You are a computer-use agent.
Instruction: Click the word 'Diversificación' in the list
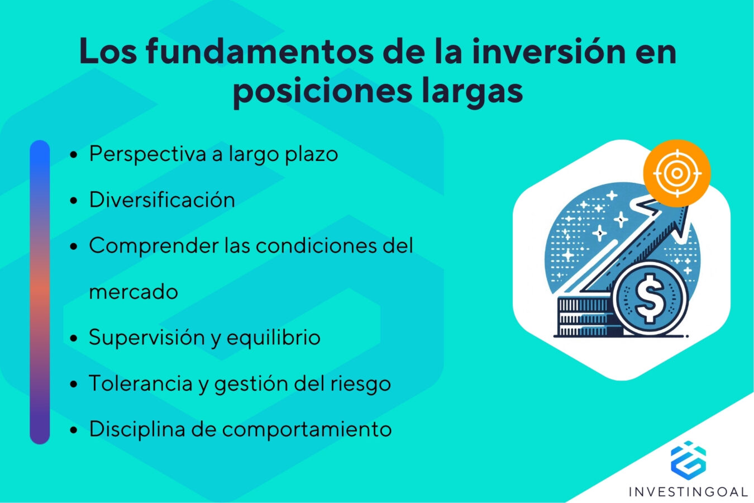[x=162, y=200]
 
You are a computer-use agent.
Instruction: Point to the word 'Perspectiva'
[x=147, y=154]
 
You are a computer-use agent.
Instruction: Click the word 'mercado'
[x=133, y=292]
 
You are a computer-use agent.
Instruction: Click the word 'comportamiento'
[x=307, y=429]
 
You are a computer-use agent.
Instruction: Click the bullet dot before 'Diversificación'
[x=74, y=201]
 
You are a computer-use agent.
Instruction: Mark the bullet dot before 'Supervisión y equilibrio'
[x=74, y=338]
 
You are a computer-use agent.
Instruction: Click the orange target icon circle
[x=676, y=173]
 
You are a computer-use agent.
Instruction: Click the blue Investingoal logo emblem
[x=688, y=459]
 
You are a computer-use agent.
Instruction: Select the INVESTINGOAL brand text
[x=688, y=492]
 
